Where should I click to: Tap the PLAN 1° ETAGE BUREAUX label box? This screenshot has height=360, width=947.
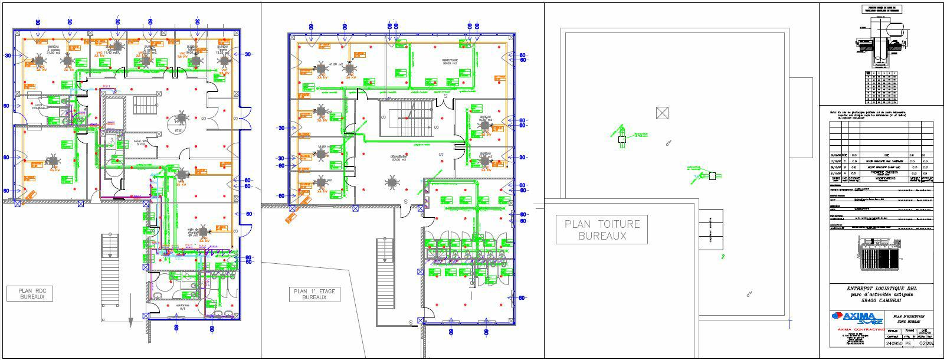(x=314, y=294)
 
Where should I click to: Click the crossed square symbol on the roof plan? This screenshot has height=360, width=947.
(x=663, y=113)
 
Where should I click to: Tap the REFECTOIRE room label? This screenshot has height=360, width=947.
(x=453, y=61)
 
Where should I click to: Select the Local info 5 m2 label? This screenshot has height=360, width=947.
(x=140, y=143)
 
